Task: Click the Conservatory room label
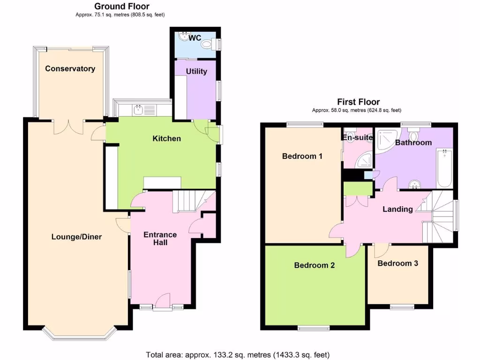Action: coord(70,68)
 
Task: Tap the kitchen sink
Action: coord(138,110)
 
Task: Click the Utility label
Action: coord(196,71)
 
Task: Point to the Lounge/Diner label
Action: coord(76,237)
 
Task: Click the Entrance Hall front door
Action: coord(163,300)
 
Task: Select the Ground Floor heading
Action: coord(122,6)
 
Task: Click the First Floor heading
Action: coord(358,102)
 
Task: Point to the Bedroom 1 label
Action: coord(302,156)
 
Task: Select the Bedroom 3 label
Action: coord(397,263)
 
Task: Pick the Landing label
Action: coord(397,209)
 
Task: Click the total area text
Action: coord(238,354)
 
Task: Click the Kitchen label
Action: coord(166,138)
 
